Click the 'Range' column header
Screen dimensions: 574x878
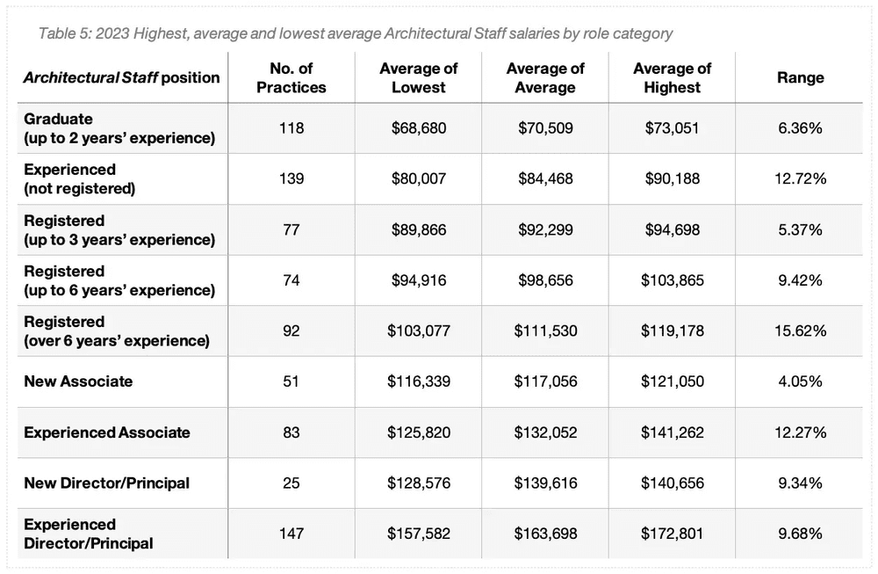(800, 77)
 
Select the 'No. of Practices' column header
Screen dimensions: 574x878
(291, 77)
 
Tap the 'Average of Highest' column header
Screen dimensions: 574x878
(672, 77)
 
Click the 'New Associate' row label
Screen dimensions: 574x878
(79, 381)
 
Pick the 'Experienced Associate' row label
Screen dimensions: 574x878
(107, 432)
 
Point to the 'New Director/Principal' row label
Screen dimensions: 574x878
(107, 483)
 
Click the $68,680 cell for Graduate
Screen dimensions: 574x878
(419, 128)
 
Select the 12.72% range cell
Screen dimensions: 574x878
(800, 178)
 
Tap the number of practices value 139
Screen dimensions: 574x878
(291, 178)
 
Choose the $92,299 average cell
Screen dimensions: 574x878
(545, 229)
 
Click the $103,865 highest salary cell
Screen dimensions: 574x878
(672, 280)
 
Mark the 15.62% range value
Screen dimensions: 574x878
(800, 331)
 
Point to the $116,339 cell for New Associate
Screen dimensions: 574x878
(419, 381)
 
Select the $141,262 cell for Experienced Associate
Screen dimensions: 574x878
(672, 432)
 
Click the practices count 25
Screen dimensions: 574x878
(291, 483)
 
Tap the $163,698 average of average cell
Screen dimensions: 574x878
(545, 534)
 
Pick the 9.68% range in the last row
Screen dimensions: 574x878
(800, 534)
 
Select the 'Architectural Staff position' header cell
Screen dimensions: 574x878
(121, 77)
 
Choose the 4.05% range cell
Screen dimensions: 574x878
(800, 381)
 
